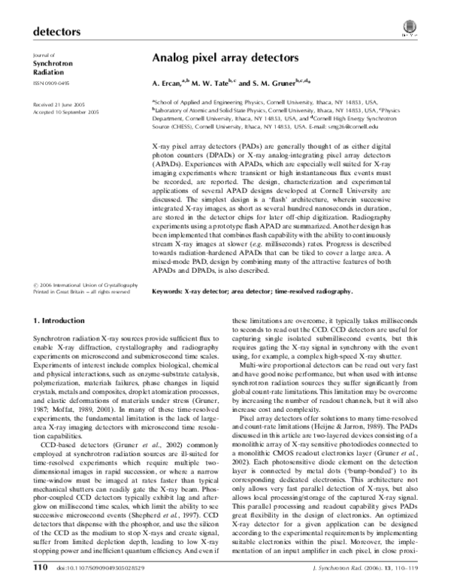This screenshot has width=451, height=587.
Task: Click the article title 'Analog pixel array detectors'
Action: tap(225, 57)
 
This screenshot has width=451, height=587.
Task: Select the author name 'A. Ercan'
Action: tap(168, 83)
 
